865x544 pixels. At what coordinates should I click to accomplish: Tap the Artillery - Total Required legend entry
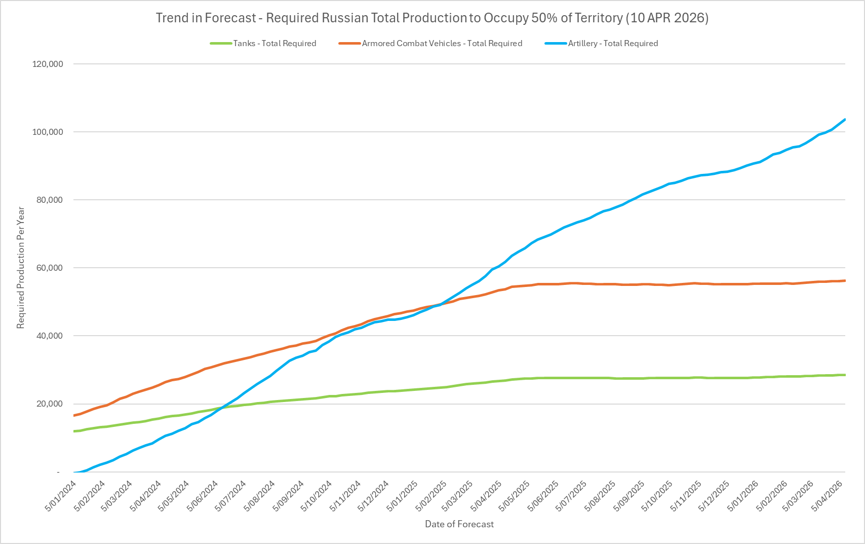tap(613, 44)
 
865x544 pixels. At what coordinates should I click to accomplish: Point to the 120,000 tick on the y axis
tap(48, 64)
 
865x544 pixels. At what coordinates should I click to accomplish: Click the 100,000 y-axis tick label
tap(48, 132)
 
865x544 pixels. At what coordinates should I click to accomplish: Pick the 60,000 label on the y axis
tap(50, 268)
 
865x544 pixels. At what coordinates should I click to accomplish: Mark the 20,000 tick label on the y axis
tap(50, 404)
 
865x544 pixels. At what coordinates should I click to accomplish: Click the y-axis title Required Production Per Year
tap(21, 268)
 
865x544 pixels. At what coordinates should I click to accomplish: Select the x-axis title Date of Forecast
tap(459, 524)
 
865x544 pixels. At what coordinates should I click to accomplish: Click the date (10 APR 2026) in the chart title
tap(667, 18)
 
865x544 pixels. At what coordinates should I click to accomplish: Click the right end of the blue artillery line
tap(845, 120)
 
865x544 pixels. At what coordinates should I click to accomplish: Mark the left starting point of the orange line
tap(74, 415)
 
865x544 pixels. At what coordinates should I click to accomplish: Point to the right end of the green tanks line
tap(845, 375)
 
